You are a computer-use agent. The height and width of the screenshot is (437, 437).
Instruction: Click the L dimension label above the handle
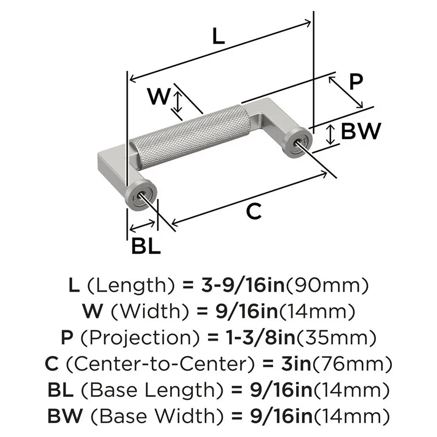coord(218,37)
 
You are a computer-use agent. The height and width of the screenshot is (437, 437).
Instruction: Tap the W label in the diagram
coord(157,97)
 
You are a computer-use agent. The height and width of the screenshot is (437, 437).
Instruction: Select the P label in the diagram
coord(357,81)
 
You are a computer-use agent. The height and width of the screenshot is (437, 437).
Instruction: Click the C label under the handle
coord(253,212)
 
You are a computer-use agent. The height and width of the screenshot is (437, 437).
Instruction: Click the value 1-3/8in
coord(246,338)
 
